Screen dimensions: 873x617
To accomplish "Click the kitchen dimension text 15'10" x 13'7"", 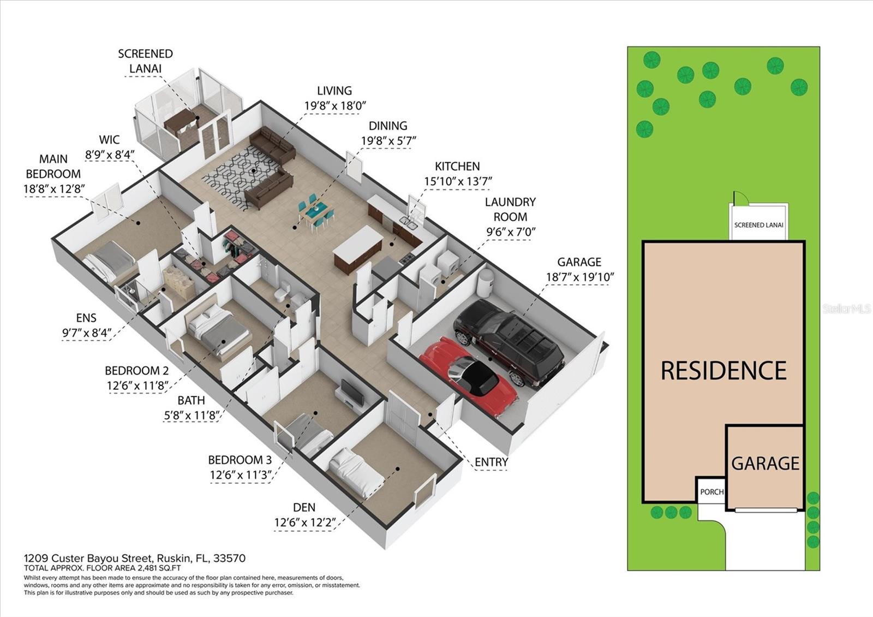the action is (458, 181).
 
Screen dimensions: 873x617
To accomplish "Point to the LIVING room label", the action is (334, 91).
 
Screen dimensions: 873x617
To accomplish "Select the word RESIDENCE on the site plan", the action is (723, 371).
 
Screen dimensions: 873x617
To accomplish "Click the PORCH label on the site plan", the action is (711, 492).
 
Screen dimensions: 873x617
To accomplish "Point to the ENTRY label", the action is (491, 462).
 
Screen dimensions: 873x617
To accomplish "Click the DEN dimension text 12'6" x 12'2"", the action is (305, 522).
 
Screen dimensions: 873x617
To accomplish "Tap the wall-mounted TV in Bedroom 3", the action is (352, 393).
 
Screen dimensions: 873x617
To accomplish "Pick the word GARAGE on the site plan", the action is (765, 464).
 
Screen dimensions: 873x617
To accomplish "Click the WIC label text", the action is (110, 140).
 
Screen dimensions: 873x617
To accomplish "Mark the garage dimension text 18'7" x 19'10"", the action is (580, 277).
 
